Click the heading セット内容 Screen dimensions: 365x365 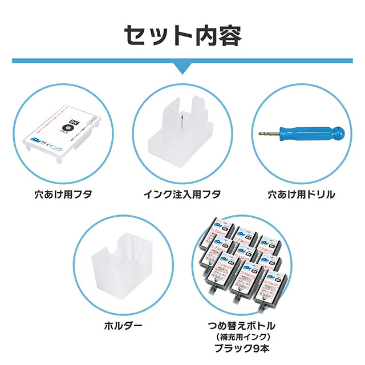(182, 35)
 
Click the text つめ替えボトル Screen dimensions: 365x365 (243, 325)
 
